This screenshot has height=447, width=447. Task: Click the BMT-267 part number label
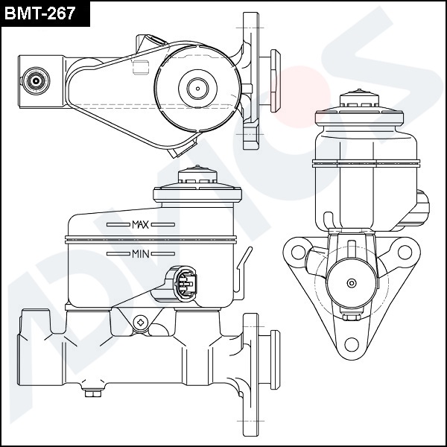[40, 13]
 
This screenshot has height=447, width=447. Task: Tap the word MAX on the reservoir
[140, 225]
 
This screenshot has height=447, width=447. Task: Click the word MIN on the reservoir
[141, 254]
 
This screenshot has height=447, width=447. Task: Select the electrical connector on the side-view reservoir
[186, 284]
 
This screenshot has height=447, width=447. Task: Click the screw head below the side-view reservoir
[141, 323]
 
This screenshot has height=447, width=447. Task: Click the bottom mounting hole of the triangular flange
[352, 345]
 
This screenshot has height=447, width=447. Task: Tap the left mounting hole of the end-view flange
[299, 253]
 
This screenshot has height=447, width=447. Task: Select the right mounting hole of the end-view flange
[405, 253]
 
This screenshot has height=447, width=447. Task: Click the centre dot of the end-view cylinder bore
[352, 283]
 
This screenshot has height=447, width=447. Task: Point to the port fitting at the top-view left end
[36, 81]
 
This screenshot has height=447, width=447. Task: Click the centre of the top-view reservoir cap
[198, 89]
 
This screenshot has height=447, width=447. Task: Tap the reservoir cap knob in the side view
[197, 174]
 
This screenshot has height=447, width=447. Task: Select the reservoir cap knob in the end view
[359, 98]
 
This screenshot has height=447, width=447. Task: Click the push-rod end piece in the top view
[275, 80]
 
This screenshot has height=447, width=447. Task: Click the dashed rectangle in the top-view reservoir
[141, 68]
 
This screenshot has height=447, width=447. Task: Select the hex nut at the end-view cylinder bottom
[352, 317]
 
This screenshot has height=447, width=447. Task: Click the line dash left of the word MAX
[118, 225]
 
